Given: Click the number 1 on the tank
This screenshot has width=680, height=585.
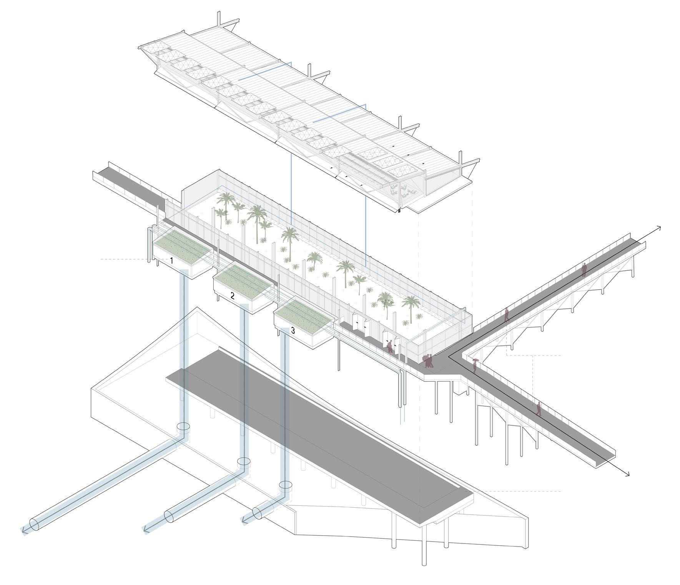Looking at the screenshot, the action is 171,261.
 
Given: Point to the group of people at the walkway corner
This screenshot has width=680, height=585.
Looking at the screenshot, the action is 428,360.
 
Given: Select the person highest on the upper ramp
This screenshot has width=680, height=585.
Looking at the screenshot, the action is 584,269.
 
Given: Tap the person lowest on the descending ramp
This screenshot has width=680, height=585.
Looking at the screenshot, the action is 539,408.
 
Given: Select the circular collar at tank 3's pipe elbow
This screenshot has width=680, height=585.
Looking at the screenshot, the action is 286,485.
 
